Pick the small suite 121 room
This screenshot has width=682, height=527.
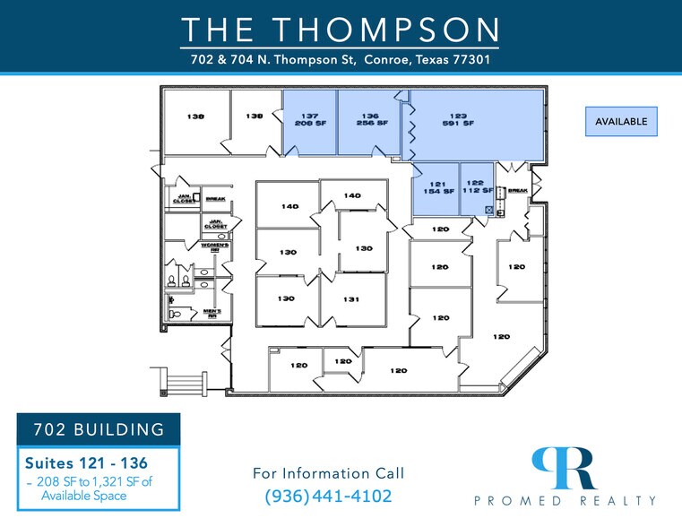pyautogui.click(x=436, y=188)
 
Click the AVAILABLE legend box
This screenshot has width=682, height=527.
pyautogui.click(x=621, y=121)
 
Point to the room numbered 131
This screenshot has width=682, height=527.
pyautogui.click(x=353, y=299)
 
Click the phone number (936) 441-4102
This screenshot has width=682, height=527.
pyautogui.click(x=328, y=496)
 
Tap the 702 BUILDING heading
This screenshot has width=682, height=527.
pyautogui.click(x=99, y=429)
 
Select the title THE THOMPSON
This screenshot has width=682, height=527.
pyautogui.click(x=341, y=30)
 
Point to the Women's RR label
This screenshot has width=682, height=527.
pyautogui.click(x=215, y=247)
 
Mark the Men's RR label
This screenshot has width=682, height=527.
pyautogui.click(x=215, y=314)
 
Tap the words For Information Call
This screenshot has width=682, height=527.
pyautogui.click(x=328, y=472)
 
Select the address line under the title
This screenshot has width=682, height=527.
pyautogui.click(x=341, y=60)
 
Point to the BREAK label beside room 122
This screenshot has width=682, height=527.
pyautogui.click(x=518, y=190)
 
